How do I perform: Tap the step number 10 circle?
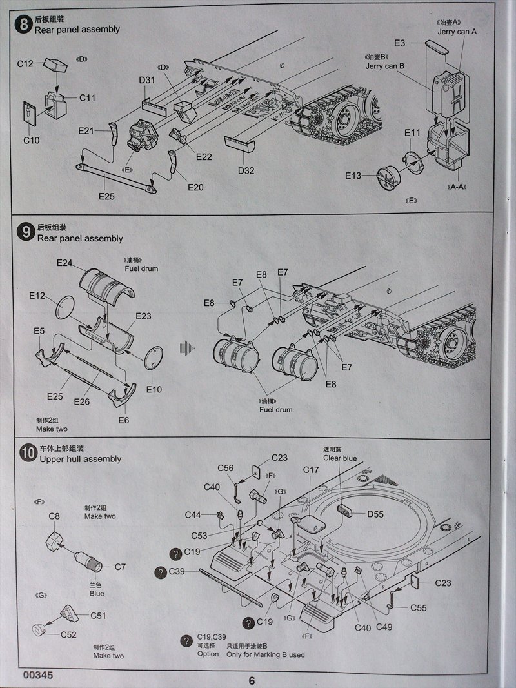click(x=27, y=454)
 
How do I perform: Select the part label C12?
click(x=25, y=64)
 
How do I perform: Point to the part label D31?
click(x=146, y=81)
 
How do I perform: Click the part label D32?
click(x=245, y=171)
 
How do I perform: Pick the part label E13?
click(x=353, y=175)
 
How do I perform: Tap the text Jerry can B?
click(x=384, y=66)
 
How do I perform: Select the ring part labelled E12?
click(x=67, y=307)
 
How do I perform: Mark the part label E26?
click(x=81, y=402)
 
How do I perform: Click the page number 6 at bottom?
click(x=252, y=680)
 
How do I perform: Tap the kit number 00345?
click(x=37, y=675)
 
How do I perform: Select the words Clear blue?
click(x=340, y=459)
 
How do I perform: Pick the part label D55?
click(x=375, y=514)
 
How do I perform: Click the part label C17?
click(x=311, y=470)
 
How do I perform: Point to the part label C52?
click(x=69, y=634)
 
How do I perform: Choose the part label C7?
click(x=120, y=567)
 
